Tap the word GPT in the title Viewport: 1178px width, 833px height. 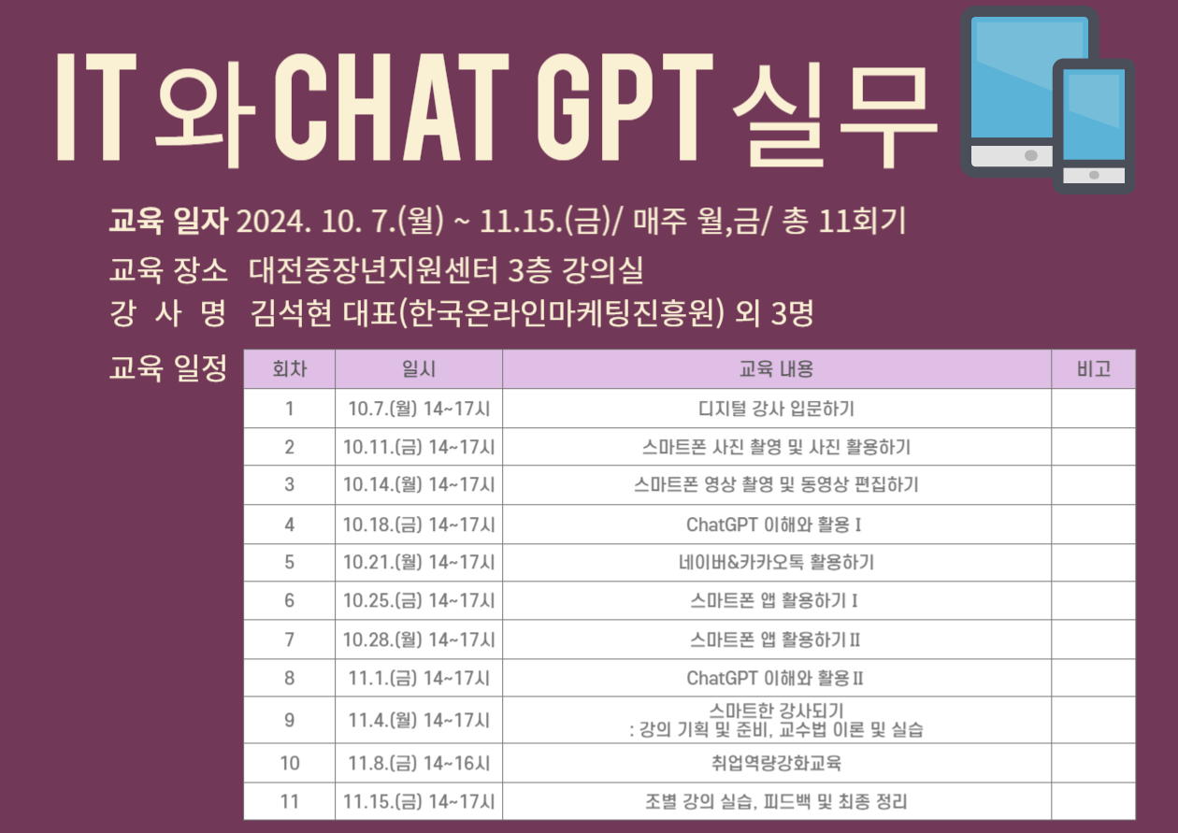click(x=625, y=107)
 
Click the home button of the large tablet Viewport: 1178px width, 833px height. click(x=1030, y=155)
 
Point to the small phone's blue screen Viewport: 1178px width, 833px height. click(x=1094, y=115)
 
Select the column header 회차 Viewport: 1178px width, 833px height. click(x=289, y=368)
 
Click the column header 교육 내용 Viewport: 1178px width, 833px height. click(x=776, y=368)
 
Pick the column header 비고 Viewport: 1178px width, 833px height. click(x=1094, y=368)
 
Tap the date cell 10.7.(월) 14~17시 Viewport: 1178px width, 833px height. click(x=419, y=409)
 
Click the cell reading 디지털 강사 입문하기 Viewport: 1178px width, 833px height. click(x=776, y=409)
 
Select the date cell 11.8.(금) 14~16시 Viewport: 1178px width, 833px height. click(x=419, y=763)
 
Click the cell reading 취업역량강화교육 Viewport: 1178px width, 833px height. click(x=776, y=763)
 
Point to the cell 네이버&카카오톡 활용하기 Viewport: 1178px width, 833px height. click(x=776, y=562)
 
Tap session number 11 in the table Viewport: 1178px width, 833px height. click(x=289, y=801)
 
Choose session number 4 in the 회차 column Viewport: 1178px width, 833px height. click(x=289, y=524)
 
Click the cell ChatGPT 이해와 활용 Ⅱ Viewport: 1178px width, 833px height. click(x=775, y=678)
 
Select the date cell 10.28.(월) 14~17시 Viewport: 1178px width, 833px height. click(x=419, y=639)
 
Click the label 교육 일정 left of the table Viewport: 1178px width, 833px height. click(x=167, y=367)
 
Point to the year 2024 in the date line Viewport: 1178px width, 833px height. click(x=271, y=221)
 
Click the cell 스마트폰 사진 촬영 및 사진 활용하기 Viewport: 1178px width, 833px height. click(x=776, y=447)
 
